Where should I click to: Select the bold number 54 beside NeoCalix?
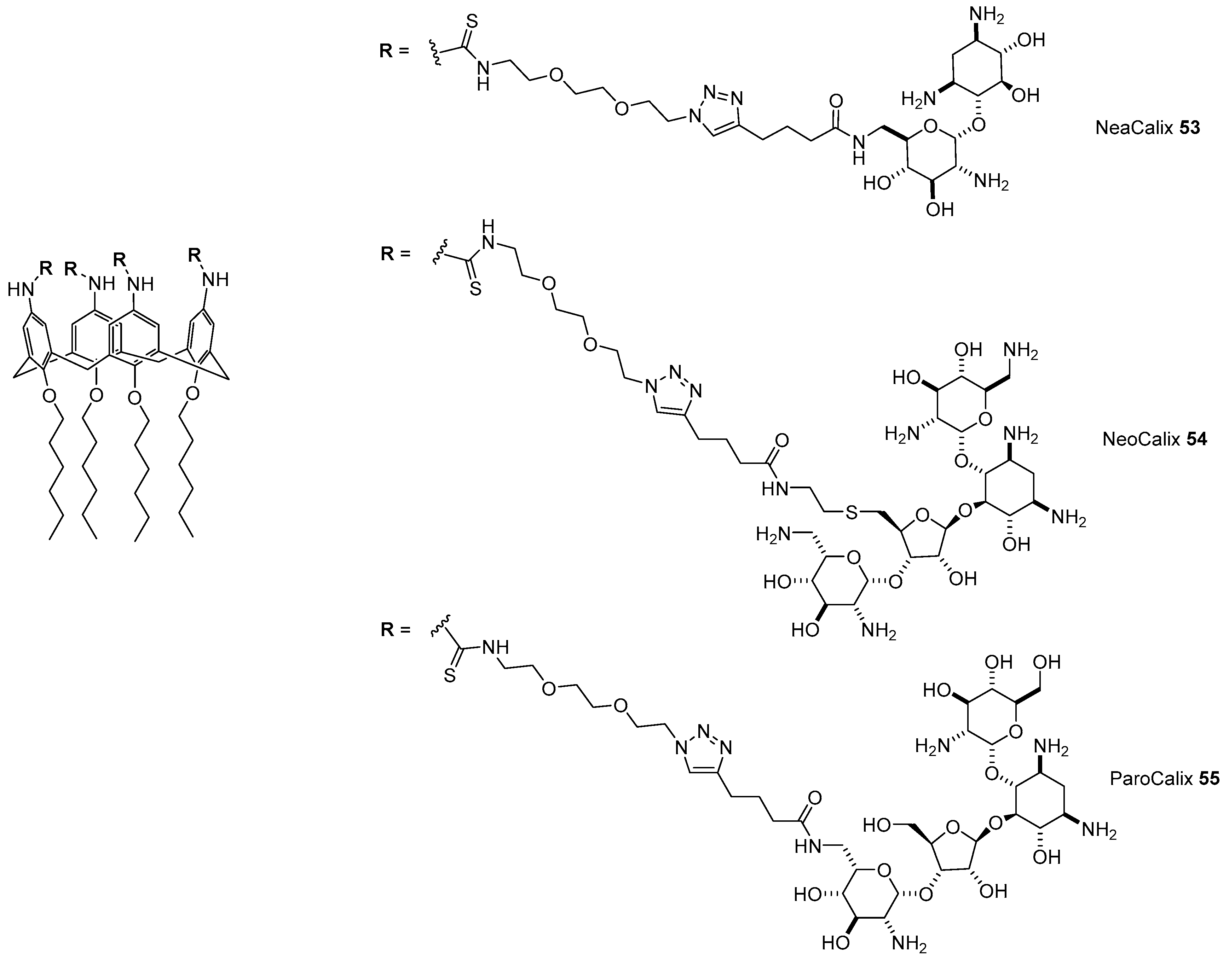point(1197,439)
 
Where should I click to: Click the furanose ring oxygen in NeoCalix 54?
point(922,514)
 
